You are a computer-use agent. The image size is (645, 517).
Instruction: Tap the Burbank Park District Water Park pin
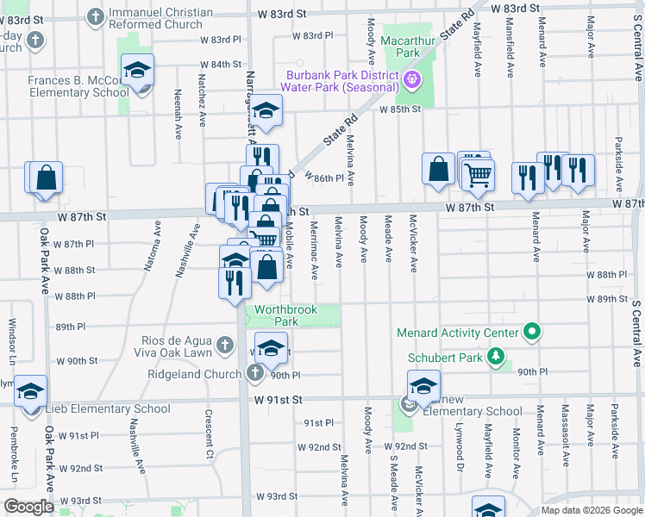coord(412,80)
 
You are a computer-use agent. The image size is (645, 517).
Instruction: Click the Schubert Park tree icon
coord(496,356)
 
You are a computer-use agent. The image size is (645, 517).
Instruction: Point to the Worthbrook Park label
coord(285,315)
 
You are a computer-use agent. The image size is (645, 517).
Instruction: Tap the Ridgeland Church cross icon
coord(254,373)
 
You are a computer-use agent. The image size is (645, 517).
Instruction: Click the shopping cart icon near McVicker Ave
coord(478,174)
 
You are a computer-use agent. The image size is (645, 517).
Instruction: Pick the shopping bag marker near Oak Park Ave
coord(47,178)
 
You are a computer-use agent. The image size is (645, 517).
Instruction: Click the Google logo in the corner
coord(28,507)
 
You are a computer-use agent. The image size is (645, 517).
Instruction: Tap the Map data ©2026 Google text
coord(591,510)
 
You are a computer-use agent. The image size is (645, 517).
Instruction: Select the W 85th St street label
coord(403,109)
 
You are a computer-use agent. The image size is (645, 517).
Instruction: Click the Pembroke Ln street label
coord(15,465)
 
